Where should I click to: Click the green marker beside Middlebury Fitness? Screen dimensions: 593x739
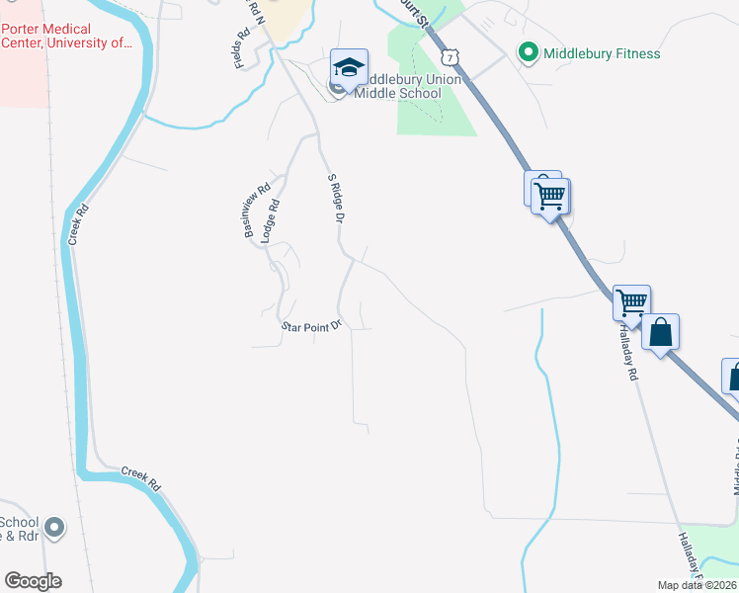[x=528, y=53]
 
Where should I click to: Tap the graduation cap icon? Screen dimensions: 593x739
[x=349, y=67]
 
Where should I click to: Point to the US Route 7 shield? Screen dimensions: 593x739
[x=451, y=55]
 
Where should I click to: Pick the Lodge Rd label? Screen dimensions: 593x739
[x=271, y=221]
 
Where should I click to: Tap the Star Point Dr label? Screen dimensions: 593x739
[x=310, y=324]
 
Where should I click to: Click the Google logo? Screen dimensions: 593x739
[x=34, y=581]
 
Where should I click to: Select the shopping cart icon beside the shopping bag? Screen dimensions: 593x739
[x=631, y=303]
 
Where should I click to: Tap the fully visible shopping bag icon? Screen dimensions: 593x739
[x=661, y=332]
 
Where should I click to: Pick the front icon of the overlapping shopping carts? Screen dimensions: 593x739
[x=549, y=194]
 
